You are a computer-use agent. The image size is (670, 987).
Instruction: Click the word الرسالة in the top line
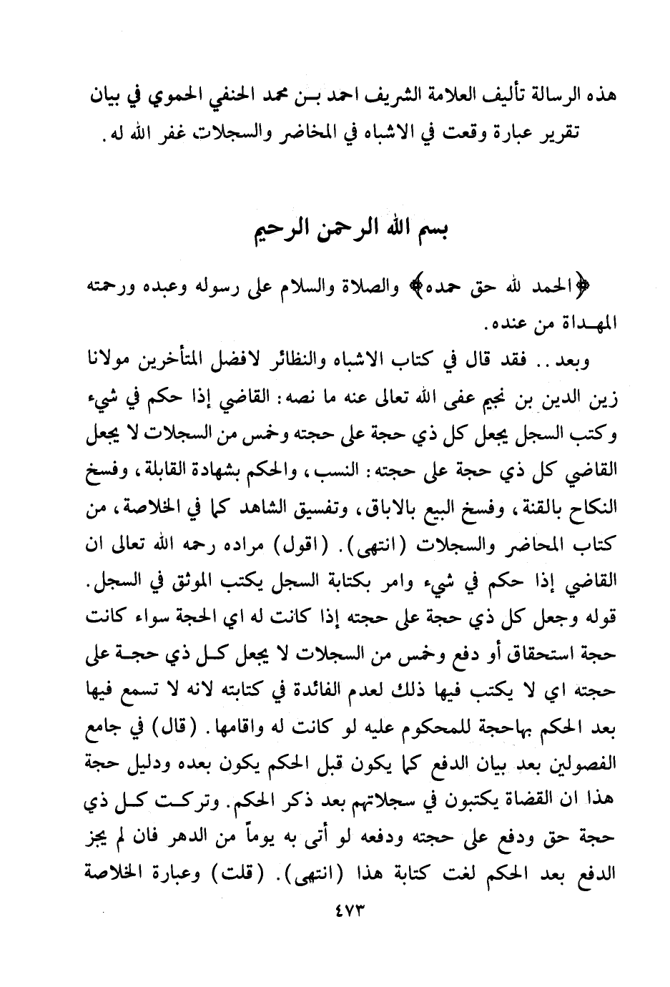(533, 97)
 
